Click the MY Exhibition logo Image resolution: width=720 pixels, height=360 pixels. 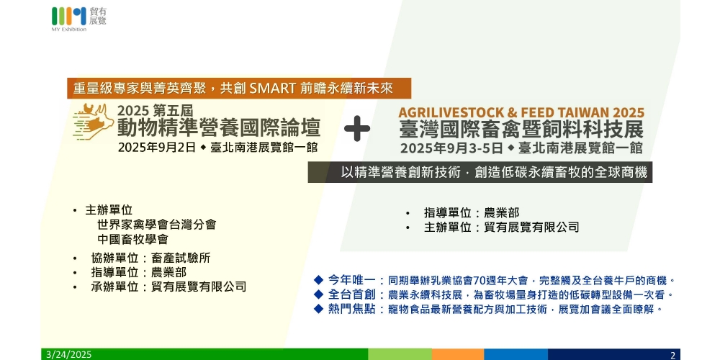point(78,19)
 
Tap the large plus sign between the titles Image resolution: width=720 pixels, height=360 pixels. point(357,129)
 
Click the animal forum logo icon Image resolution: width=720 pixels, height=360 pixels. point(93,121)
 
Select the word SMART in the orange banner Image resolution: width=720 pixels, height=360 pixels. point(272,88)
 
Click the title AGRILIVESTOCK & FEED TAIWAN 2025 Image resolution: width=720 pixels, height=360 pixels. point(521,112)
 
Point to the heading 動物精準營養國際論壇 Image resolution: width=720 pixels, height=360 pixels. point(219,127)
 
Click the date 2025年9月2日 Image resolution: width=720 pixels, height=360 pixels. point(157,148)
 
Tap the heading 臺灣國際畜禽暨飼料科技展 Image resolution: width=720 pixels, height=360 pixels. point(521,130)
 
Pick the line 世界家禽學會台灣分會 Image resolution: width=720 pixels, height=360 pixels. point(156,225)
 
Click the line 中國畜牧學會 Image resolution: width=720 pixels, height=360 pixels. point(132,239)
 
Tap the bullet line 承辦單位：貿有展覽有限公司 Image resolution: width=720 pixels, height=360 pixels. point(168,287)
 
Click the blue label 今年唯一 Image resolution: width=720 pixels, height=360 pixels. point(352,279)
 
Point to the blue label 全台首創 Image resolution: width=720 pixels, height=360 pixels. point(352,294)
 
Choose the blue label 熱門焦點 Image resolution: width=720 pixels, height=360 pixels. point(352,309)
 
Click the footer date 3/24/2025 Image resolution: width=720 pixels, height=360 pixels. point(69,354)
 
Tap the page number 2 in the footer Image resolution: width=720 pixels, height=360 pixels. point(672,355)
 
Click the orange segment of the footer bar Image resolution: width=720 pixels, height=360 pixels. point(457,354)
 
